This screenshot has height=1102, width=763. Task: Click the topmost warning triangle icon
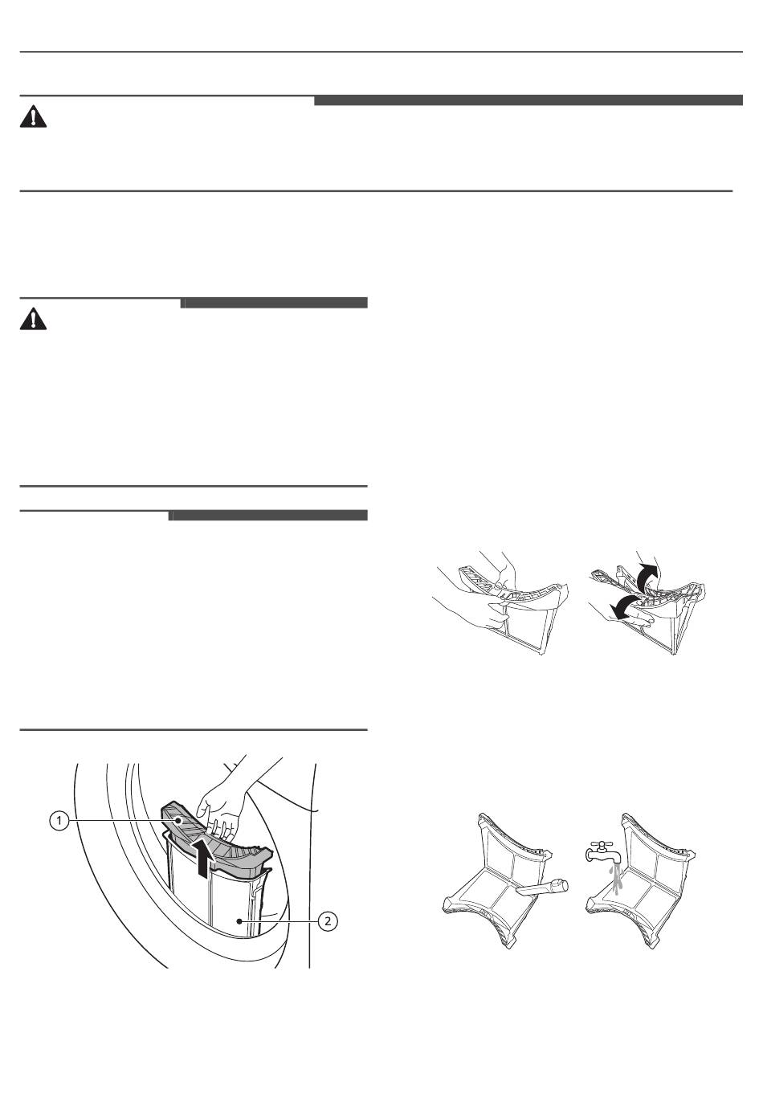(33, 116)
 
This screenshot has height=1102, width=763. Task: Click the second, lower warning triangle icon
(33, 319)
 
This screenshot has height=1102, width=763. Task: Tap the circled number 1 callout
(59, 821)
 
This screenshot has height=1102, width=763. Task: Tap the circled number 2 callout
(328, 921)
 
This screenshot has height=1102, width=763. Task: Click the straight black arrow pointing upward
(205, 858)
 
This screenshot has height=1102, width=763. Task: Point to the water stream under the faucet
(615, 880)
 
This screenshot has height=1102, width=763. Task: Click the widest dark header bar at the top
(528, 100)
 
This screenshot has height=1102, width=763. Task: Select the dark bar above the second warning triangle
(274, 303)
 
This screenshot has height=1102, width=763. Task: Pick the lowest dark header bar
(268, 515)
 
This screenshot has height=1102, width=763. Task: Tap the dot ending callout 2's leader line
(239, 921)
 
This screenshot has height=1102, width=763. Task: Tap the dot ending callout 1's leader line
(178, 821)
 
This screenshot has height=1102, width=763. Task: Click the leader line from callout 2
(279, 921)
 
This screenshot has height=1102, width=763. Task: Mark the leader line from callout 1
(124, 821)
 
